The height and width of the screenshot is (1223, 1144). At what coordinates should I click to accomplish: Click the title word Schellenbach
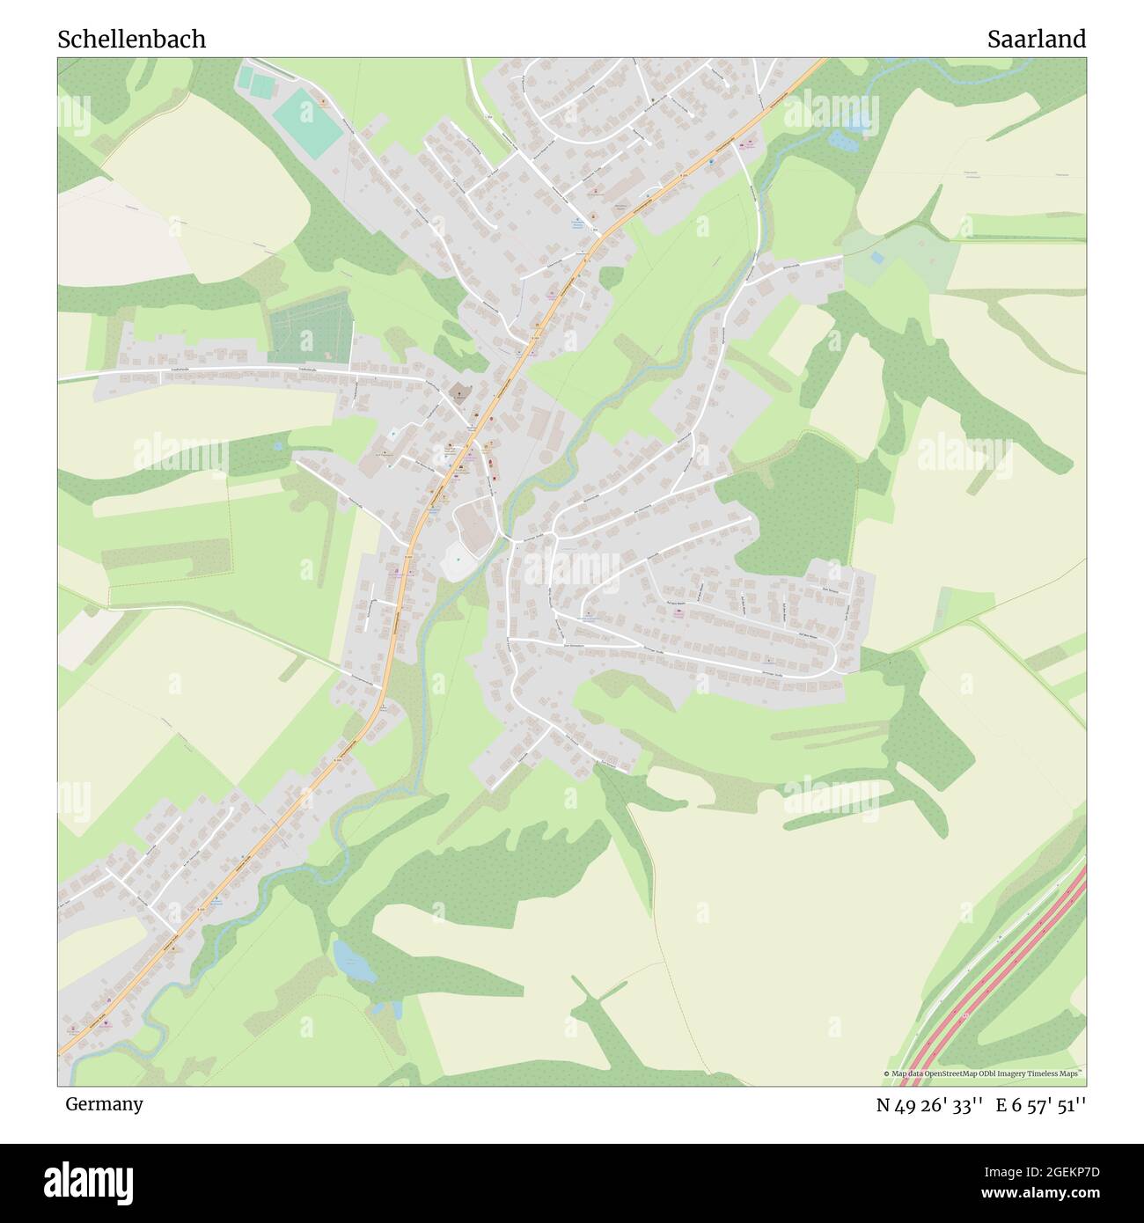pos(132,40)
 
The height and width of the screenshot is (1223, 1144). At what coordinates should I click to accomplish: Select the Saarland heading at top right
pos(1036,40)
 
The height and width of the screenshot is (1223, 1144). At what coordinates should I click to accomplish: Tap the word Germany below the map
pos(104,1104)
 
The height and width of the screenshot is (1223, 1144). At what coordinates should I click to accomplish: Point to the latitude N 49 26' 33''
pos(928,1105)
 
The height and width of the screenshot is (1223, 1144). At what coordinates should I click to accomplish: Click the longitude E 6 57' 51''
pos(1041,1105)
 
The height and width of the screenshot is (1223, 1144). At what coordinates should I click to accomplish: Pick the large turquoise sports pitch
pos(306,125)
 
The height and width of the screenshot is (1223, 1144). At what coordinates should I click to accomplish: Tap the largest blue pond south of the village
pos(354,961)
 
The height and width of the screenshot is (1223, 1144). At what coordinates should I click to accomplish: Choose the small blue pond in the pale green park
pos(876,258)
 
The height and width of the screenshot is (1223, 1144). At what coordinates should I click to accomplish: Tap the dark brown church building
pos(457,391)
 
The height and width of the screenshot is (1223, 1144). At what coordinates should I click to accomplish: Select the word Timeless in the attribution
pos(1040,1073)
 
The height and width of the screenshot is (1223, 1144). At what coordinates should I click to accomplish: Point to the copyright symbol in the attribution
pos(887,1073)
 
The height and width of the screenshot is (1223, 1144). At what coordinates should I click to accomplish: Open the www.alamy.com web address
pos(1033,1194)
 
